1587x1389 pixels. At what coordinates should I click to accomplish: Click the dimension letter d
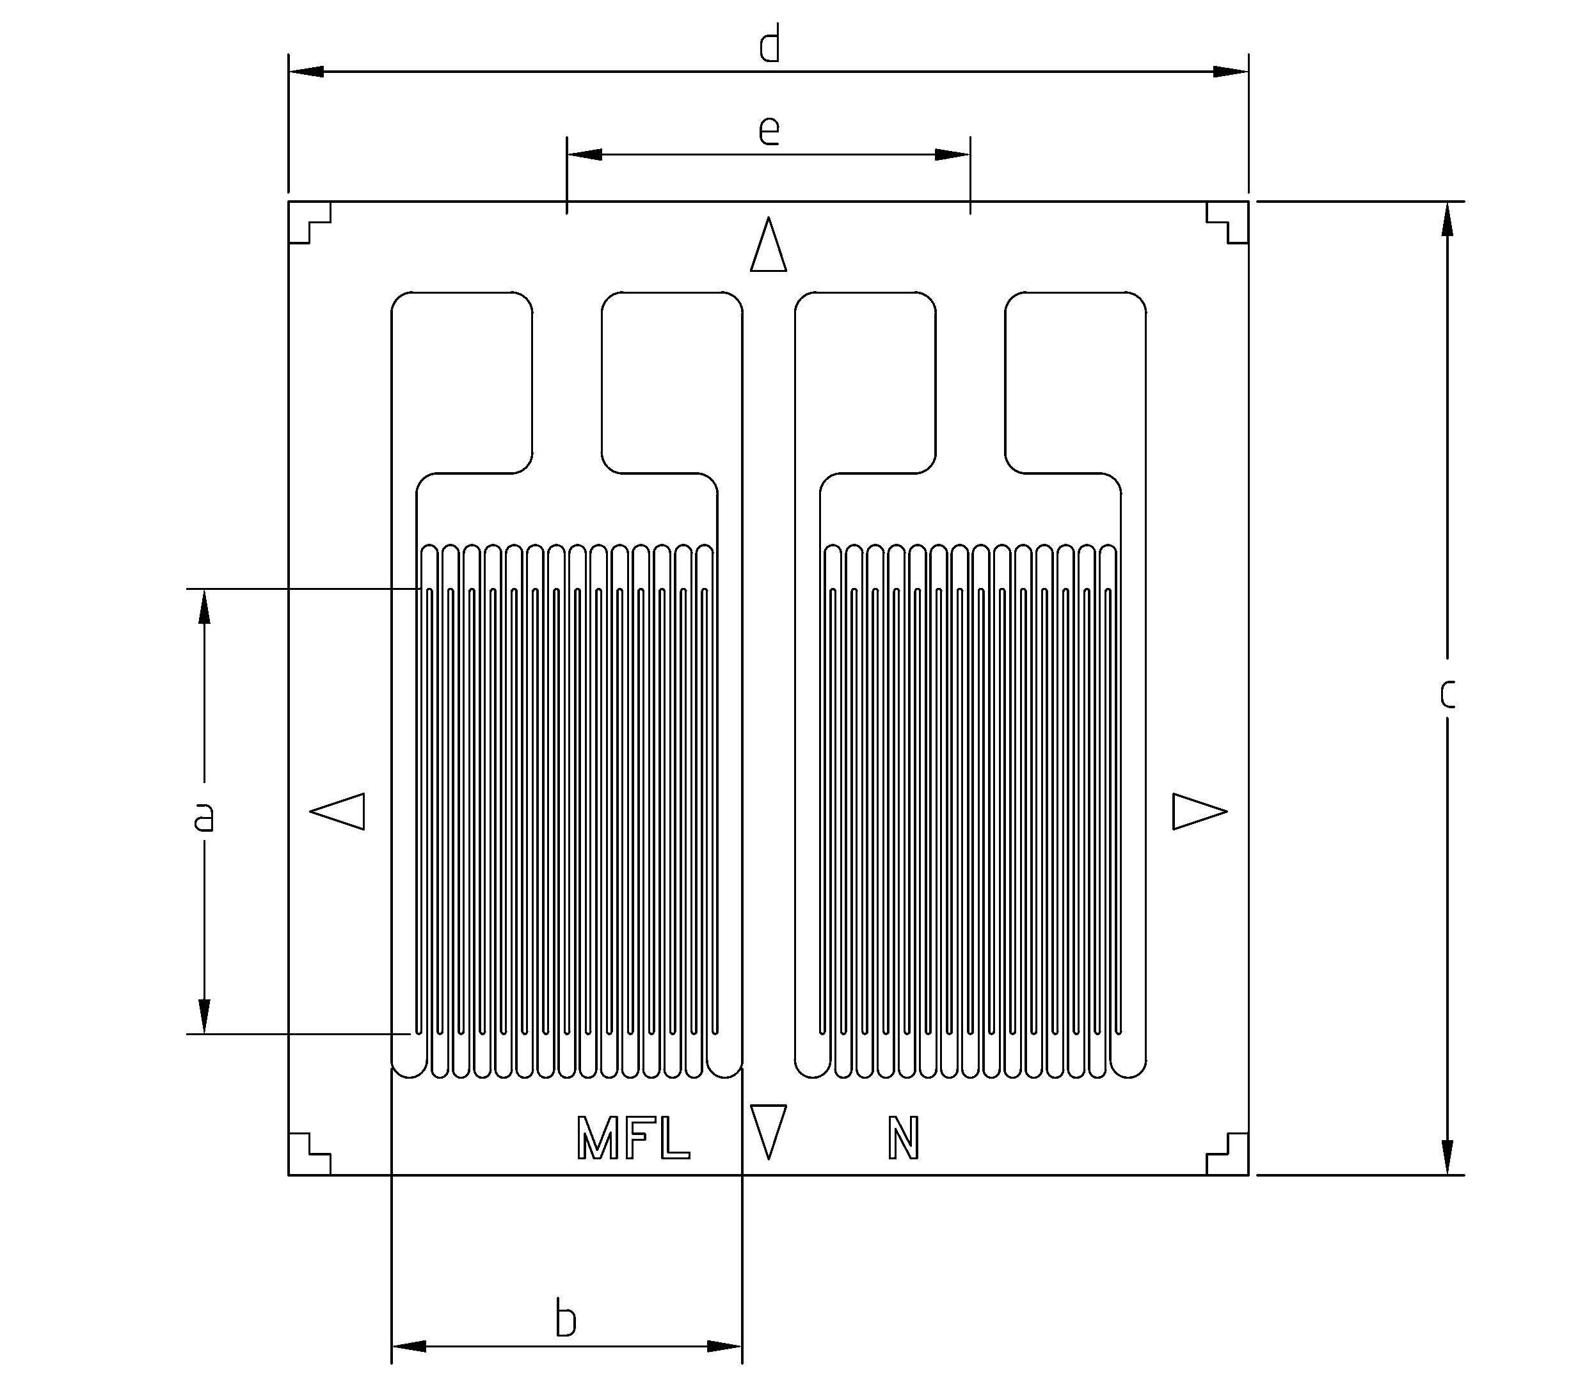click(x=769, y=44)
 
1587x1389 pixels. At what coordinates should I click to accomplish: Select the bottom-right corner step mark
click(x=1227, y=1154)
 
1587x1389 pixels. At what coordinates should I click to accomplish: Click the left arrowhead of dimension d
click(x=307, y=71)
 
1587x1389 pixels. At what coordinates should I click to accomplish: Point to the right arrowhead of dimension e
click(x=952, y=154)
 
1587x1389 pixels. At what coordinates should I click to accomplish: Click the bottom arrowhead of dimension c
click(x=1447, y=1157)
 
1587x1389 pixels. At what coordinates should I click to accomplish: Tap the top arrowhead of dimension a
click(x=205, y=607)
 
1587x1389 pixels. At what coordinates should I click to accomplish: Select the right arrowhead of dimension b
click(x=724, y=1346)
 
